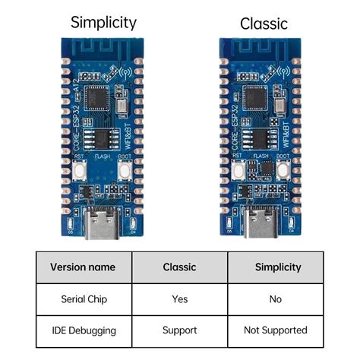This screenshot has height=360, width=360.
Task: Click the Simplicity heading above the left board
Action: (x=103, y=21)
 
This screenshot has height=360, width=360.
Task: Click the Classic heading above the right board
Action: (x=264, y=24)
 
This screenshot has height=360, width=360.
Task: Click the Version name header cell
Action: (x=83, y=267)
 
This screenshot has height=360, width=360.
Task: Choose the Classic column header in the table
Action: (x=179, y=267)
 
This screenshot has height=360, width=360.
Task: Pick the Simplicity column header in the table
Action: (x=276, y=267)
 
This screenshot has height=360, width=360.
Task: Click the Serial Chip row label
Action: (x=83, y=299)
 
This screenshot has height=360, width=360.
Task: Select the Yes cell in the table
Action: (x=179, y=299)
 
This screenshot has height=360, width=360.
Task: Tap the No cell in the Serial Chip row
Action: (x=276, y=299)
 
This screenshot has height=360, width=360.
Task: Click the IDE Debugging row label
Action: (x=83, y=330)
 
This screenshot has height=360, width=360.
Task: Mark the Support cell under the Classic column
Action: (x=179, y=330)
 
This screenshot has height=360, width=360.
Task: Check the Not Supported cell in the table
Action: (x=276, y=330)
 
